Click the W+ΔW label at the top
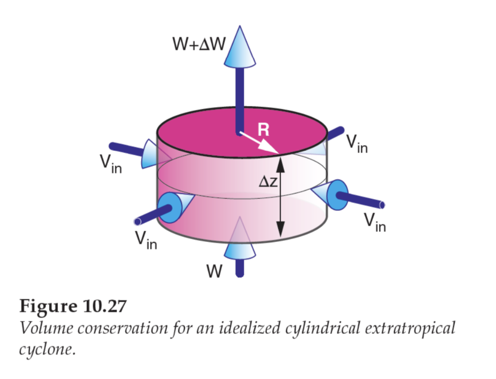pos(199,45)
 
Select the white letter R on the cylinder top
pos(264,129)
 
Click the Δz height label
pos(269,182)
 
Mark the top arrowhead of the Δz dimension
pos(280,162)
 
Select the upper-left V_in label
pos(110,164)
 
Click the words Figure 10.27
pos(73,306)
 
